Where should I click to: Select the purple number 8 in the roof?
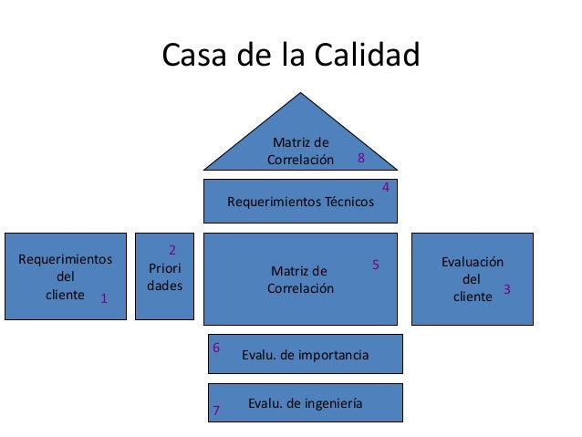pyautogui.click(x=362, y=159)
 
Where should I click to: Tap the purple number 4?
pyautogui.click(x=385, y=187)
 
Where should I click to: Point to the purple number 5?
pyautogui.click(x=375, y=265)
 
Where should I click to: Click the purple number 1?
pyautogui.click(x=104, y=298)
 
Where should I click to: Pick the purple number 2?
pyautogui.click(x=173, y=248)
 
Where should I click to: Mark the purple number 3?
pyautogui.click(x=507, y=289)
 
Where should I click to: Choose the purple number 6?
pyautogui.click(x=216, y=348)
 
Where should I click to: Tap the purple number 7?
pyautogui.click(x=216, y=411)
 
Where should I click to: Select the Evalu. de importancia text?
pyautogui.click(x=305, y=355)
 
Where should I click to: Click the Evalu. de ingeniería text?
pyautogui.click(x=305, y=402)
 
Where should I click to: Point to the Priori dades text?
pyautogui.click(x=164, y=276)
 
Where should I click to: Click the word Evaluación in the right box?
pyautogui.click(x=472, y=261)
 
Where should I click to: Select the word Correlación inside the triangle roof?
pyautogui.click(x=300, y=160)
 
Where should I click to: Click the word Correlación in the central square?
pyautogui.click(x=300, y=288)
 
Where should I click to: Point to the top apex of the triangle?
pyautogui.click(x=300, y=94)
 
